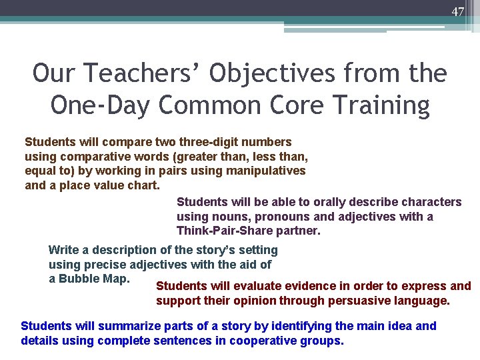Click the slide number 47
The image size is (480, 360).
point(457,12)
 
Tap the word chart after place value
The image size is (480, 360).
point(143,185)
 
